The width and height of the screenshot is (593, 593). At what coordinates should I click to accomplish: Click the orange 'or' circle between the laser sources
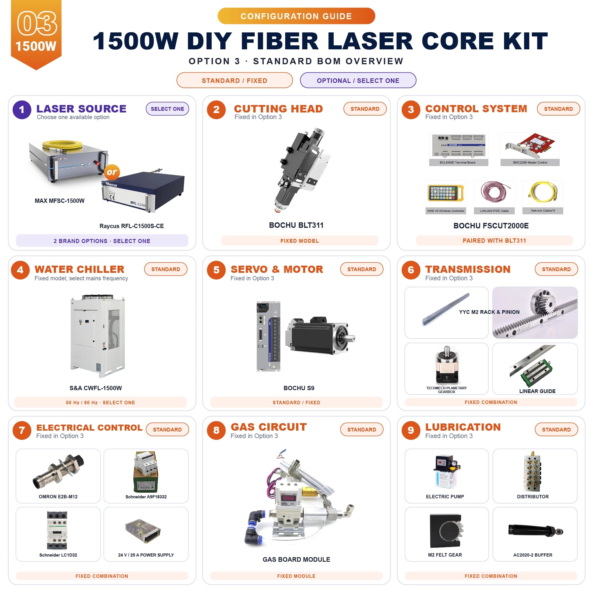tap(112, 172)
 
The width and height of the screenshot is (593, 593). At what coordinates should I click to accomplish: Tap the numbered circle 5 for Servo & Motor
tap(216, 270)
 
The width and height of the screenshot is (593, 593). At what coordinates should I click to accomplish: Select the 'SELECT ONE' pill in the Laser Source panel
tap(167, 109)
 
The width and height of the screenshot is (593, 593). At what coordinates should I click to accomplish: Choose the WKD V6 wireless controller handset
tap(446, 193)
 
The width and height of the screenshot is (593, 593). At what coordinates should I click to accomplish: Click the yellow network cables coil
tap(543, 192)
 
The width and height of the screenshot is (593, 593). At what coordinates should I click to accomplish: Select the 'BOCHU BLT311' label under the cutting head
tap(296, 225)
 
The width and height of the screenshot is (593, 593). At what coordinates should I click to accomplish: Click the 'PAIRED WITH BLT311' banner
tap(494, 241)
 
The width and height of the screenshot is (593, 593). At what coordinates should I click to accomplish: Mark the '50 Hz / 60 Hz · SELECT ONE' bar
tap(100, 403)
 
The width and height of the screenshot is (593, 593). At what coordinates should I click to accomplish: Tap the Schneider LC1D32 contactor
tap(57, 530)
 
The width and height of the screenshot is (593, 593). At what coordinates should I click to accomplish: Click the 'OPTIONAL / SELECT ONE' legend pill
tap(358, 80)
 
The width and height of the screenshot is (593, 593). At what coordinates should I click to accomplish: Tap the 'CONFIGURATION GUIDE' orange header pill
tap(296, 16)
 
